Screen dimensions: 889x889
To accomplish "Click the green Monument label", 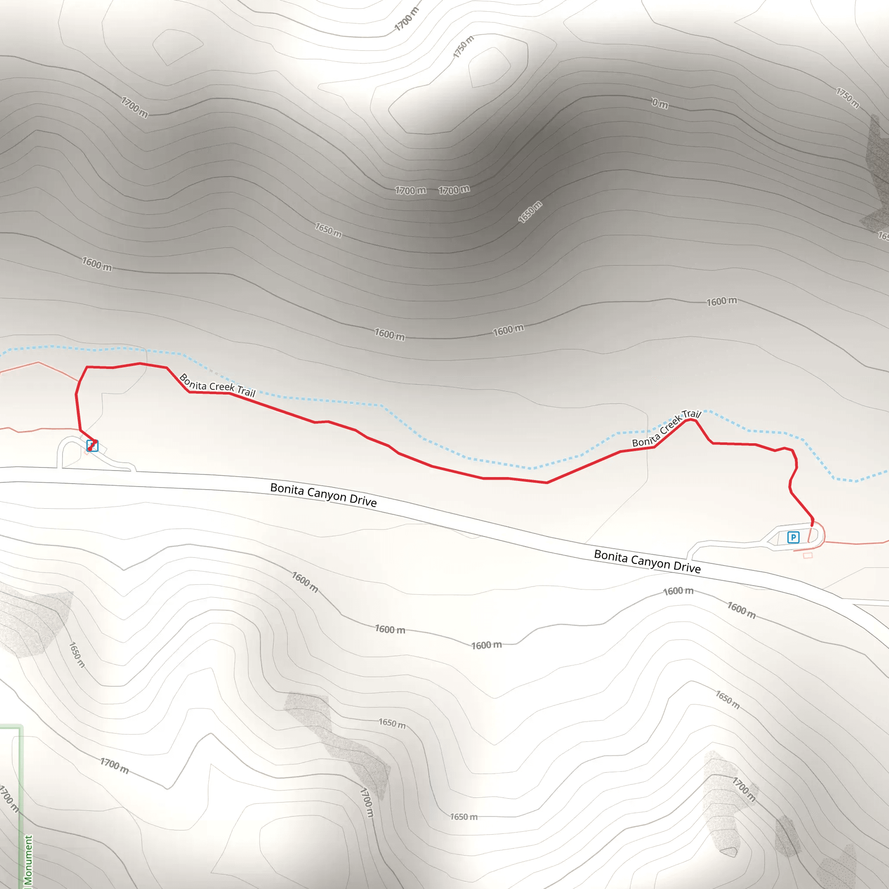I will pos(28,861).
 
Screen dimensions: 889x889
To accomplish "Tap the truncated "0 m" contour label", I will pos(659,104).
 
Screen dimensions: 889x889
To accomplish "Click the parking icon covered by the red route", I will pos(92,445).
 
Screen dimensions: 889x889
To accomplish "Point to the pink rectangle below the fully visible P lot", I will pos(807,555).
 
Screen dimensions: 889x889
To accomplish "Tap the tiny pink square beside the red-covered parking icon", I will pos(86,453).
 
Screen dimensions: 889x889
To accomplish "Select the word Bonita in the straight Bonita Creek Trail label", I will pos(192,382).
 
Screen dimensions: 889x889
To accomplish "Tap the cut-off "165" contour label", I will pos(883,236).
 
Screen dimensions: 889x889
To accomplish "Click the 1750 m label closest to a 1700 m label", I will pos(463,47).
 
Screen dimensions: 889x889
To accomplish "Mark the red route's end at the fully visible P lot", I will pos(812,524).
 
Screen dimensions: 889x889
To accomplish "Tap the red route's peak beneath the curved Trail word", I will pos(690,420).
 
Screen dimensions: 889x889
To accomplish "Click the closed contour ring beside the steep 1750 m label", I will pos(489,67).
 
